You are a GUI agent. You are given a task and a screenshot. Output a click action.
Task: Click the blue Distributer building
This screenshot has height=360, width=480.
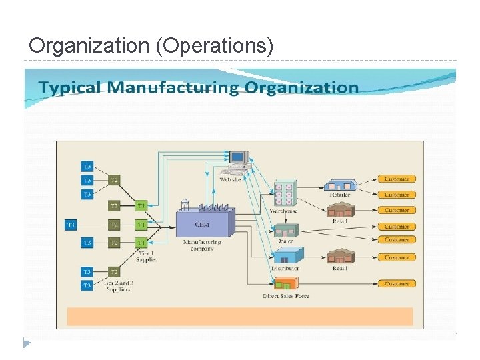coord(288,255)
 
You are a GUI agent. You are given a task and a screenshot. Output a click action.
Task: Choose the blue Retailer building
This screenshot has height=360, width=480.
coord(339,185)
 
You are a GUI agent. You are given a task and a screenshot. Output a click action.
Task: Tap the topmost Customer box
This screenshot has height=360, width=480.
coord(397,179)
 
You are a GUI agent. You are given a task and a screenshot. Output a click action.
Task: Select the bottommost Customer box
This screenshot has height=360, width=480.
coord(397,283)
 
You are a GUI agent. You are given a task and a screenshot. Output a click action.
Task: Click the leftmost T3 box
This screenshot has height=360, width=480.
coord(71,225)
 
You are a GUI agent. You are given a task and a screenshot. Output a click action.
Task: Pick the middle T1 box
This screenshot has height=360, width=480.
coord(141,225)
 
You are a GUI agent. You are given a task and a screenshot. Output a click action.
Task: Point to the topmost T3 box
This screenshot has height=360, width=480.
coord(87,166)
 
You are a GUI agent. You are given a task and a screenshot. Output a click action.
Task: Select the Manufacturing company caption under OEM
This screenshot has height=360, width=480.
coord(201,245)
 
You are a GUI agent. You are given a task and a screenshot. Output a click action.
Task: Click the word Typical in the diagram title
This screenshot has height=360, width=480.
coord(70,87)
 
